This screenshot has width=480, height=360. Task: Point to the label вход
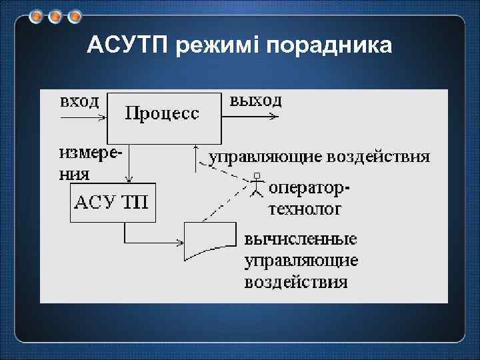pyautogui.click(x=79, y=101)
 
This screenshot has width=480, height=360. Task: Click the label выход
pyautogui.click(x=255, y=101)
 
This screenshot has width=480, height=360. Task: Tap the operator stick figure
pyautogui.click(x=256, y=185)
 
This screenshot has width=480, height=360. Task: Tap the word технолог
pyautogui.click(x=305, y=209)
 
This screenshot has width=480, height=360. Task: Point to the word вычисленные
pyautogui.click(x=301, y=239)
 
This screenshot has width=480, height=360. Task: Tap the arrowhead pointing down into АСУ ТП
pyautogui.click(x=130, y=179)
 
